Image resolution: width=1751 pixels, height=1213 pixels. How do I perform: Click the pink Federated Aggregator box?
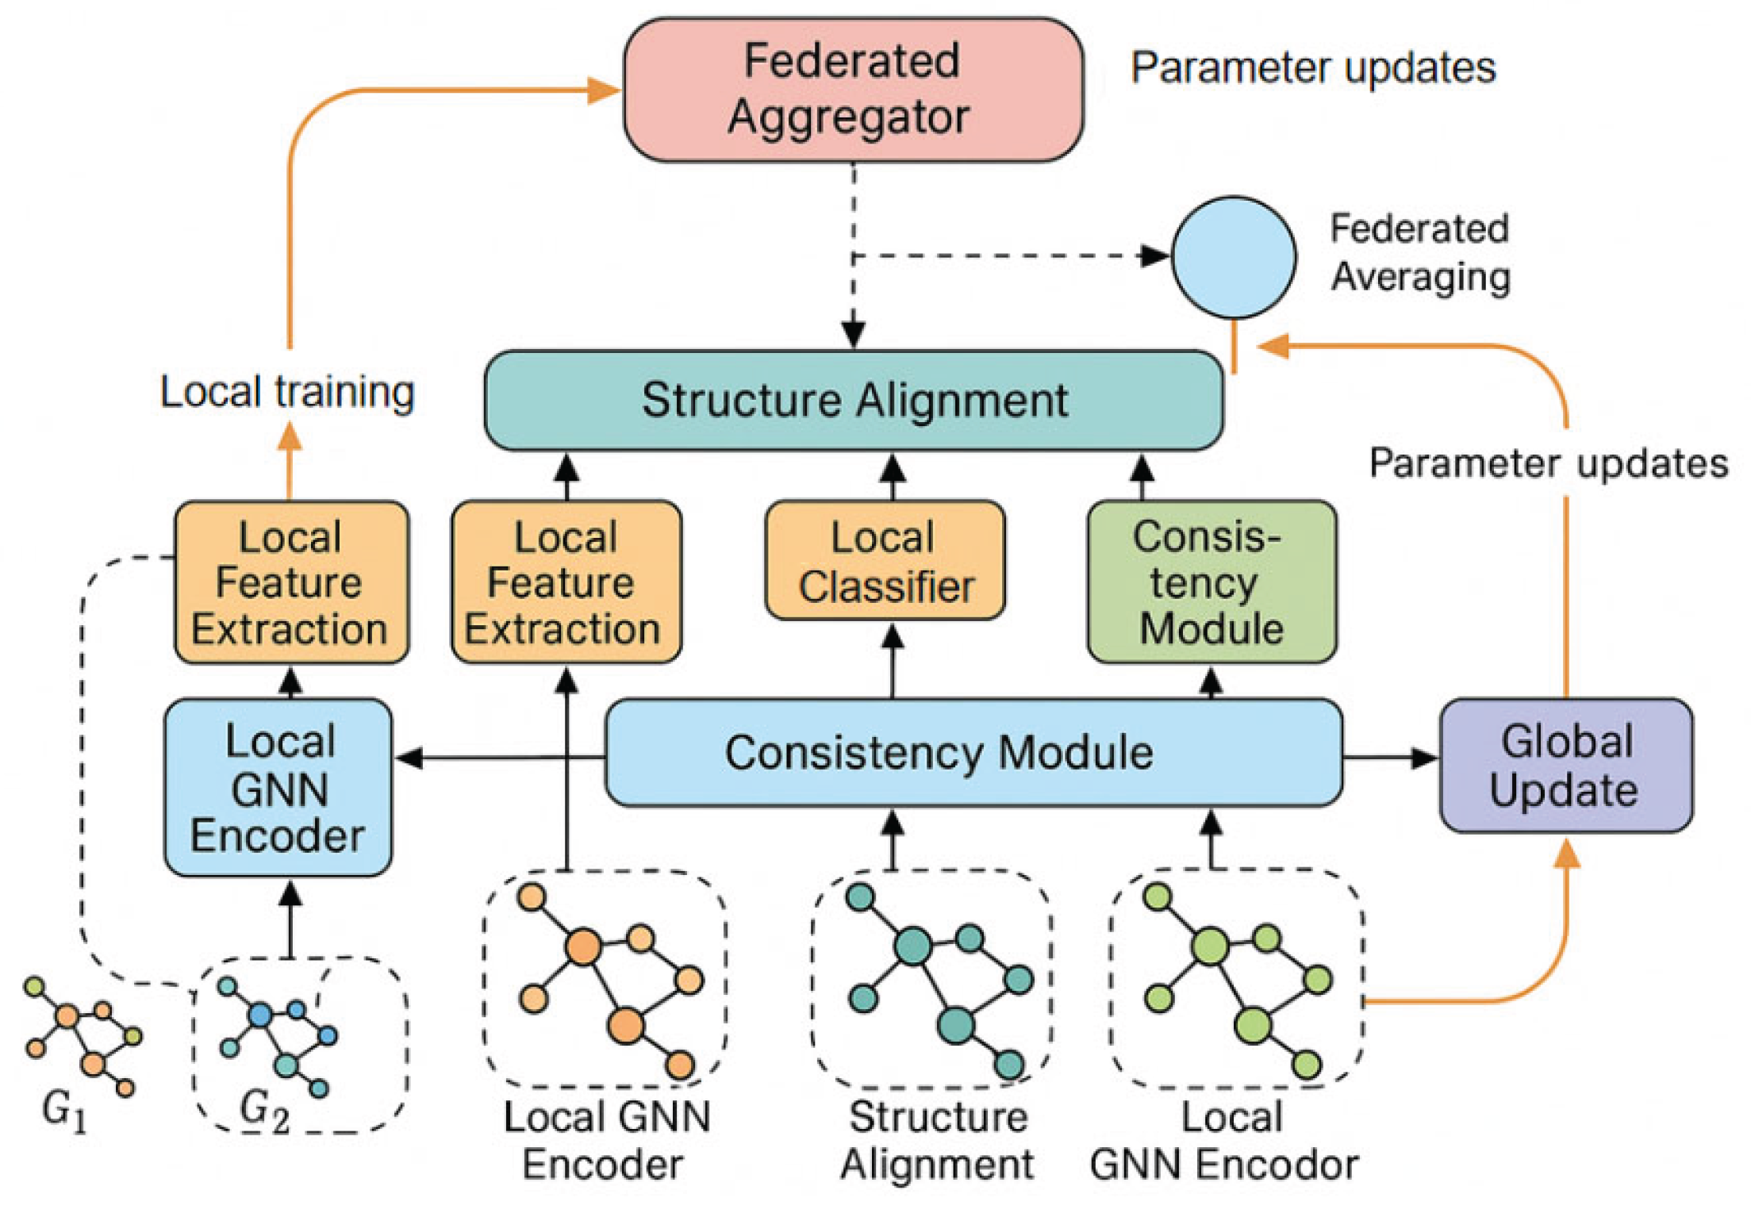tap(853, 90)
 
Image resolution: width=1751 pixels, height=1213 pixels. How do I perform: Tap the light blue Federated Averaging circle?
tap(1234, 257)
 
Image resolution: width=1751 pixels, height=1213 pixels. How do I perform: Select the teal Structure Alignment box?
tap(854, 401)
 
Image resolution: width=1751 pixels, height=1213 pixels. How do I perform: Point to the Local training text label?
tap(287, 392)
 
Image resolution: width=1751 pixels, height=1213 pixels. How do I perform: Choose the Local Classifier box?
tap(885, 561)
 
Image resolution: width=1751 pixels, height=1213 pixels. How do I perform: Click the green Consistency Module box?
tap(1211, 582)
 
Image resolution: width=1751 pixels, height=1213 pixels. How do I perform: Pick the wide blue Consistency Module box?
tap(973, 753)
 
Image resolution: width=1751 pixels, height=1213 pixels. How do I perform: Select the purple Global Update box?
tap(1565, 766)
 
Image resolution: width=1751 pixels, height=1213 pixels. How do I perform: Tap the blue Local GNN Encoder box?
tap(278, 788)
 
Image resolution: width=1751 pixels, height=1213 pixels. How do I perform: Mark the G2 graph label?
tap(264, 1109)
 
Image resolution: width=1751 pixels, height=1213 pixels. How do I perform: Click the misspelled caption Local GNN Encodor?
tap(1224, 1142)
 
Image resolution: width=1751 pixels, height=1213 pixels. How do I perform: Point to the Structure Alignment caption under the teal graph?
tap(937, 1142)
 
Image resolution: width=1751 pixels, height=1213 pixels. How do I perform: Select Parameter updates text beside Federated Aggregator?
tap(1313, 68)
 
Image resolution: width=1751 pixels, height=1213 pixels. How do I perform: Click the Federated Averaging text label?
tap(1420, 253)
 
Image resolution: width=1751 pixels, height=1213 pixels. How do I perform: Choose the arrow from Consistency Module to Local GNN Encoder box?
tap(500, 758)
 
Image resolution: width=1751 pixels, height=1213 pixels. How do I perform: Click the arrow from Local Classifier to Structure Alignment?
tap(893, 476)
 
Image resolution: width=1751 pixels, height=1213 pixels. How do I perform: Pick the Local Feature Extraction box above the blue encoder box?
tap(291, 582)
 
